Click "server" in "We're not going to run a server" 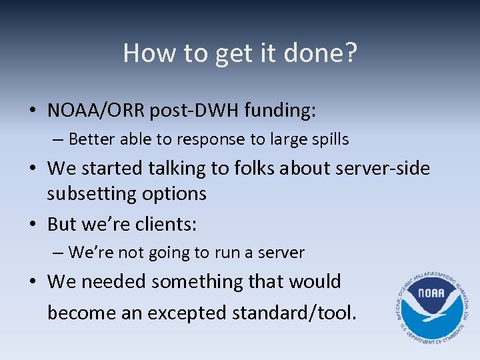283,253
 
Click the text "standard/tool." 307,312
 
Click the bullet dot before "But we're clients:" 37,225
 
